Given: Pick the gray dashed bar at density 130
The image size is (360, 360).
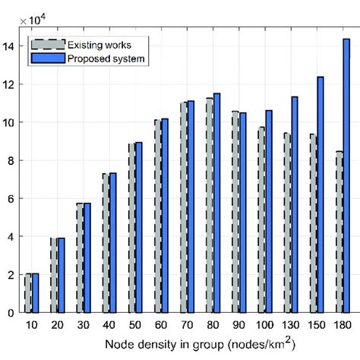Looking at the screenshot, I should [287, 223].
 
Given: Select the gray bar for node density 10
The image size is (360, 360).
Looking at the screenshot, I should [29, 293].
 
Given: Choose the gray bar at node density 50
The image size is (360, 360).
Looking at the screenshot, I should [132, 228].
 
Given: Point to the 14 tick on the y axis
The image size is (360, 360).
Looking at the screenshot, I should [10, 46].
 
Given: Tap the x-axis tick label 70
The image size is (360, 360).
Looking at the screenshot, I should [186, 326].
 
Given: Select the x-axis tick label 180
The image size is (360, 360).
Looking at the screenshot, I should [342, 326].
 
